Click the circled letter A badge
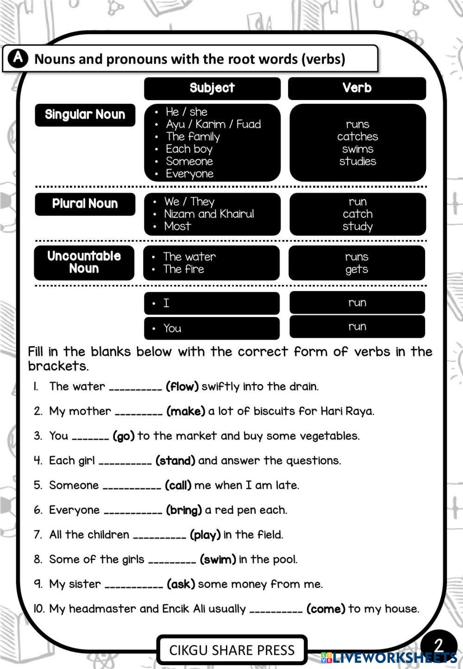click(x=18, y=58)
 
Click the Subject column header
click(x=212, y=88)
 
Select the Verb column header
click(x=357, y=88)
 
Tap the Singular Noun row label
click(x=85, y=115)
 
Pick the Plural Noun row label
click(x=85, y=204)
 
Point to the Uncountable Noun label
click(x=84, y=262)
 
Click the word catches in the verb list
click(x=357, y=137)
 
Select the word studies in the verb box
click(x=357, y=161)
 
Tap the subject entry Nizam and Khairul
click(x=209, y=214)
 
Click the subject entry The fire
click(x=183, y=269)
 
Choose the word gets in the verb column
click(x=357, y=269)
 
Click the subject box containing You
click(x=212, y=328)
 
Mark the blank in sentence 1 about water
click(x=135, y=387)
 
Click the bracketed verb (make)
click(x=186, y=411)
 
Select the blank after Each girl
click(x=125, y=461)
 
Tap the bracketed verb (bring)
click(x=184, y=511)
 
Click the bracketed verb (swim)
click(x=218, y=560)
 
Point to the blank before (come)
click(x=276, y=610)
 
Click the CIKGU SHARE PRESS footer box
click(x=231, y=650)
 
